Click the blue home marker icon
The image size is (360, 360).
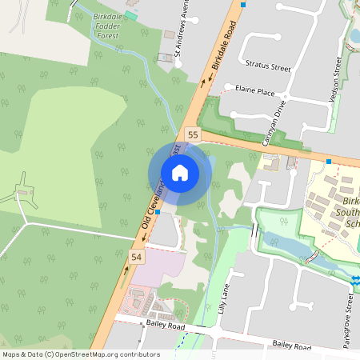pyautogui.click(x=180, y=173)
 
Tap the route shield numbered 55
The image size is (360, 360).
pyautogui.click(x=192, y=134)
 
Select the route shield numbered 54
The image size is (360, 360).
pyautogui.click(x=136, y=257)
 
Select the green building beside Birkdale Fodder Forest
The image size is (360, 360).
pyautogui.click(x=130, y=16)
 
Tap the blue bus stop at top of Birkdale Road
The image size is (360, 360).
pyautogui.click(x=244, y=4)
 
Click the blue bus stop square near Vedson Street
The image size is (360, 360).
pyautogui.click(x=329, y=162)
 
